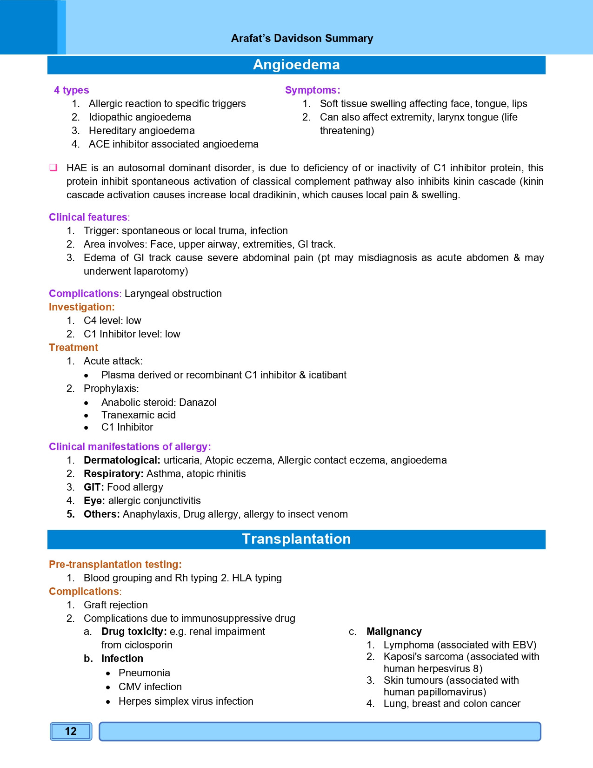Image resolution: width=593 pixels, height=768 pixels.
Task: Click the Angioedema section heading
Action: click(x=296, y=65)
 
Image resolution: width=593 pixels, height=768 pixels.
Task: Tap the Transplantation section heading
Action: click(x=296, y=539)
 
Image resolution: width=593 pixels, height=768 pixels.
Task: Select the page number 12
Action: click(x=71, y=731)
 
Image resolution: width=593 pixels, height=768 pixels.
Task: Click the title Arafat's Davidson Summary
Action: click(x=302, y=38)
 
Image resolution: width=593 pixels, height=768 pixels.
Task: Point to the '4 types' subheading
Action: click(x=71, y=90)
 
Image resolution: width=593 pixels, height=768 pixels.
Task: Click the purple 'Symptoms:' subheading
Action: click(x=313, y=90)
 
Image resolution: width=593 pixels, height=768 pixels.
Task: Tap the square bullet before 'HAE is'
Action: click(x=53, y=168)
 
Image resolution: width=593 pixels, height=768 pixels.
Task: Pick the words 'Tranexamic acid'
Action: click(x=139, y=415)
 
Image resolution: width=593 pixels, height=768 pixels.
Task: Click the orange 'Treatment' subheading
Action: click(x=73, y=348)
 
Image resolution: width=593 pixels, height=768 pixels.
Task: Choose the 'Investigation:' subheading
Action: click(x=81, y=307)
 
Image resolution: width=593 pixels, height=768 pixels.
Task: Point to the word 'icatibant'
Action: click(x=327, y=375)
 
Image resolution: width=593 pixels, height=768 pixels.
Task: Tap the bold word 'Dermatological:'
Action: click(x=122, y=460)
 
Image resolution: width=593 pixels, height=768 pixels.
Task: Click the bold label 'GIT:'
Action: click(x=93, y=487)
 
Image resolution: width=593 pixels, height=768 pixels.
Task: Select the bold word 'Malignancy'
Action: click(x=394, y=632)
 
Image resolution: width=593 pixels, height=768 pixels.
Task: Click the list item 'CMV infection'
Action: click(x=150, y=687)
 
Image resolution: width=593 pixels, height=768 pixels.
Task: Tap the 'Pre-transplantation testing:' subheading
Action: click(x=115, y=565)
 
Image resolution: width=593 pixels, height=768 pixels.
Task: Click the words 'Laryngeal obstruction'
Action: click(x=173, y=294)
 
